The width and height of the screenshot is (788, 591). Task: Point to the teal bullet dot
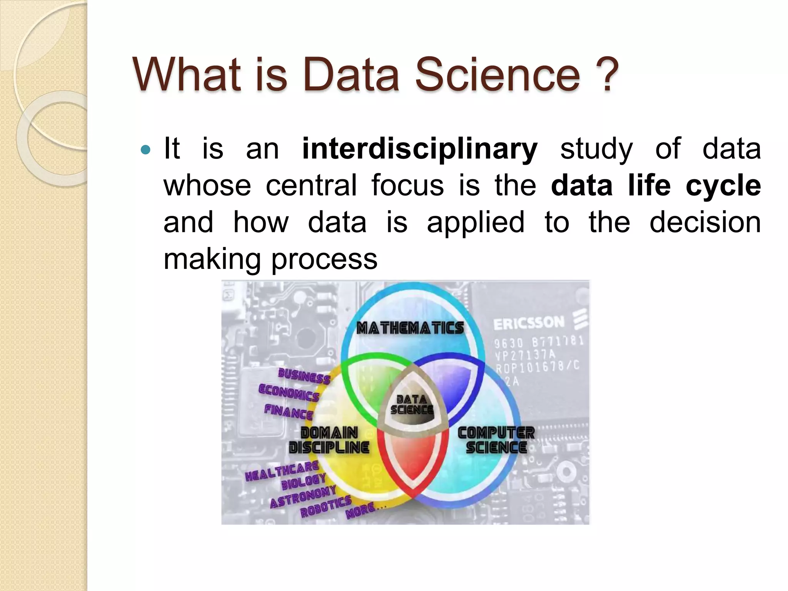[146, 150]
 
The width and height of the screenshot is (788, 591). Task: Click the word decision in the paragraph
[705, 222]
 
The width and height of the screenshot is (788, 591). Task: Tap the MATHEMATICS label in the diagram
[410, 328]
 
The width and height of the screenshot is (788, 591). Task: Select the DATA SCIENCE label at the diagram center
[412, 405]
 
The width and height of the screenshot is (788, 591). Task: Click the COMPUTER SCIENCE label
[496, 440]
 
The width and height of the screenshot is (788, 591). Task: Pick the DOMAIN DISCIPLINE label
[329, 440]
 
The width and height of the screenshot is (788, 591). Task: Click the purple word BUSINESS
[304, 376]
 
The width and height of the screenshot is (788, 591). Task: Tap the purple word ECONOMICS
[289, 393]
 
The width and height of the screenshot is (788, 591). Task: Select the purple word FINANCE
[289, 412]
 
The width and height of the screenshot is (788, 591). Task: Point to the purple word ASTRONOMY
[303, 497]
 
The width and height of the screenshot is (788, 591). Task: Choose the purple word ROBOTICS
[326, 506]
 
